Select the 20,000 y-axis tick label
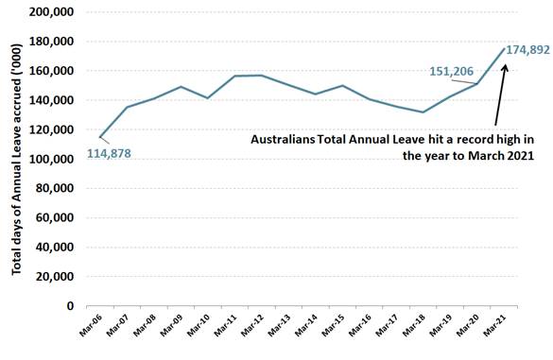[60, 277]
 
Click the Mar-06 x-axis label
[91, 330]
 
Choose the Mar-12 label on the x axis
[253, 330]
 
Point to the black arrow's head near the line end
[504, 66]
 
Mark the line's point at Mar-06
[100, 137]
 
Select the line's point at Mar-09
[181, 87]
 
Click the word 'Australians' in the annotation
[283, 139]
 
